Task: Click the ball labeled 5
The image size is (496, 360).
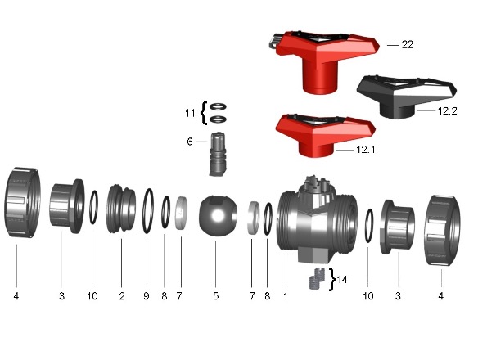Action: point(218,216)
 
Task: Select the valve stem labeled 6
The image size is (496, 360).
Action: point(218,154)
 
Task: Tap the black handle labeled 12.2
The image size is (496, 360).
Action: point(407,97)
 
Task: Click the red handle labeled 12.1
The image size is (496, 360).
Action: point(325,135)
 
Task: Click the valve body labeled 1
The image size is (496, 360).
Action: point(318,220)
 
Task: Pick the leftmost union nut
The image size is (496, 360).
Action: point(22,202)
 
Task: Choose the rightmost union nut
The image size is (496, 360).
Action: point(442,230)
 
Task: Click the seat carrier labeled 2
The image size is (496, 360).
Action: point(121,209)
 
